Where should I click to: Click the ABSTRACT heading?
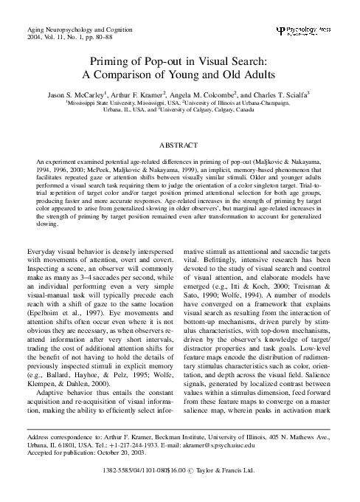(x=180, y=146)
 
